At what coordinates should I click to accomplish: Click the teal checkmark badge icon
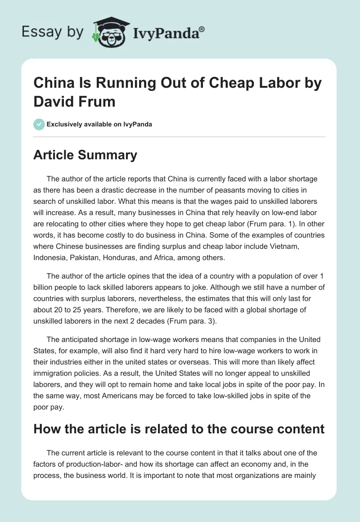(39, 124)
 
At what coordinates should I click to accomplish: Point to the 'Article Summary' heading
(85, 155)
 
